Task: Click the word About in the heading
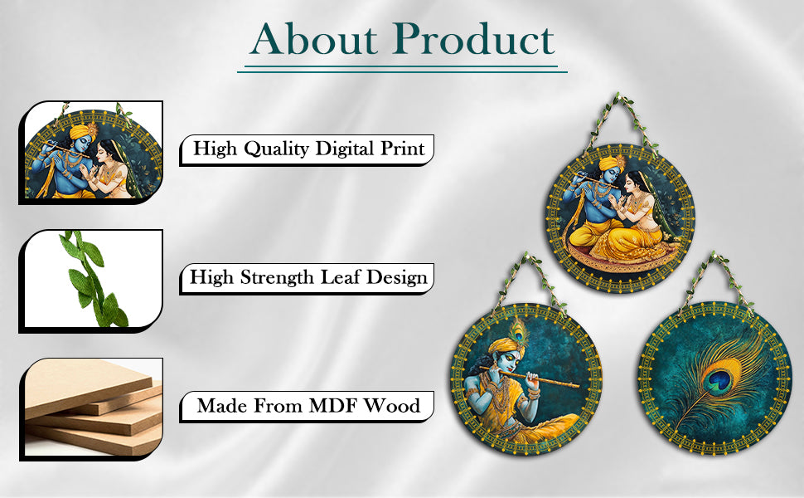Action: pos(314,39)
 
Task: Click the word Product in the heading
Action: pos(475,39)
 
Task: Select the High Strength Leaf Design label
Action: pos(308,278)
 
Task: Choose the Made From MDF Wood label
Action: pos(308,407)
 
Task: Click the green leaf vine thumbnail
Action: pos(92,281)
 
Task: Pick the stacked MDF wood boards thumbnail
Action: pos(92,408)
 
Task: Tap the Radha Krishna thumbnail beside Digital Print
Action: pos(92,152)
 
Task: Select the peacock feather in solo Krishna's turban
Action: pos(520,333)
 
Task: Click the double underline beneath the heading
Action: pos(402,70)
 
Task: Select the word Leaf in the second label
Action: pos(340,278)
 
